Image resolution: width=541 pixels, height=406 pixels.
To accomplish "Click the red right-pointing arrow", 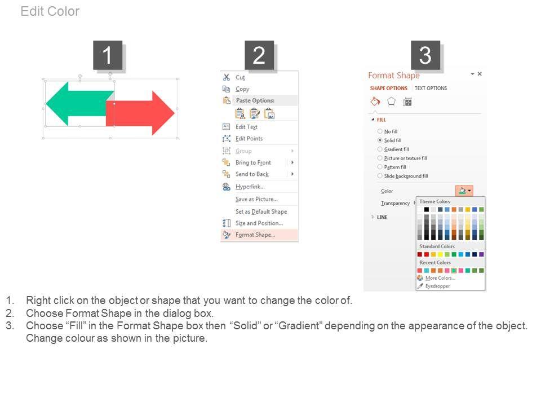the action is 140,113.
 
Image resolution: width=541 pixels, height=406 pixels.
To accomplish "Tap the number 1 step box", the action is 108,55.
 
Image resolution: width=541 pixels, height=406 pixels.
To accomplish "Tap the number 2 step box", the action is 259,55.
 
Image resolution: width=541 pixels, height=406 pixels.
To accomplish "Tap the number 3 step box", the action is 425,55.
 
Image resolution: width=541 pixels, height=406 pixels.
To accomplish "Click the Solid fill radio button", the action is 380,140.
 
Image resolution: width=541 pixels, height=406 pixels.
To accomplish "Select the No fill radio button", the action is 380,131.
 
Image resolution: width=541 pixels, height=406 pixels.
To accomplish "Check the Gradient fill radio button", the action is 380,149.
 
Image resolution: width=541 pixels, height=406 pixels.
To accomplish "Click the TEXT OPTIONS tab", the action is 431,88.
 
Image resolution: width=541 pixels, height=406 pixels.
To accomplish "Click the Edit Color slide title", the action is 50,11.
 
